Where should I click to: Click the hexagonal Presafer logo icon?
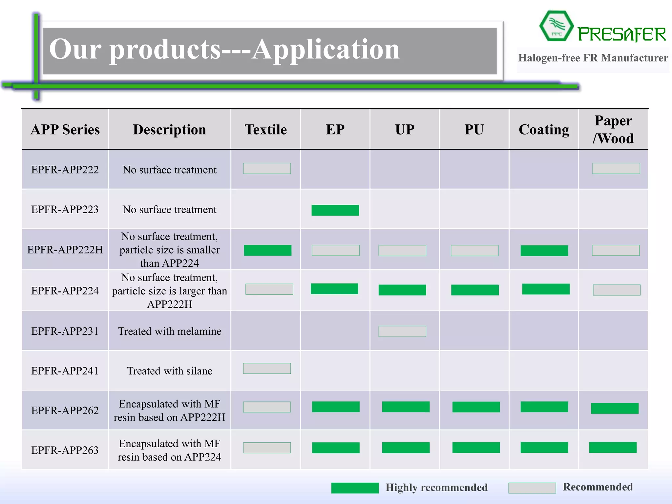click(x=556, y=26)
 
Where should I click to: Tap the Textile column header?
click(x=265, y=130)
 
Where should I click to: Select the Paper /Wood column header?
click(x=613, y=130)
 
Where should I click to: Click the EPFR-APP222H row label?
click(x=65, y=250)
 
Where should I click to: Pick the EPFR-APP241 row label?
click(x=65, y=371)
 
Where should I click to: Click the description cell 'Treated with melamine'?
click(x=170, y=331)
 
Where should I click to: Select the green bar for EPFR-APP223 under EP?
click(x=335, y=210)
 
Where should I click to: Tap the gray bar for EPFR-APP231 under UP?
click(x=402, y=331)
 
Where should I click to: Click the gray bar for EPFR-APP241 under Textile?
click(x=267, y=368)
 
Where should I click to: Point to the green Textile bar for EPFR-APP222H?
click(x=267, y=250)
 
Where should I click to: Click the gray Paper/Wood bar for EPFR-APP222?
click(x=616, y=169)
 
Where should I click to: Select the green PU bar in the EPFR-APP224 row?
click(x=475, y=290)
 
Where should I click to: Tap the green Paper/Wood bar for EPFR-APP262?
click(x=615, y=409)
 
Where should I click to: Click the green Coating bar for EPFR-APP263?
click(x=544, y=448)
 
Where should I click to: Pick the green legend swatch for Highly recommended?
click(x=355, y=488)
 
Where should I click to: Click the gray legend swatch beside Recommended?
click(x=532, y=488)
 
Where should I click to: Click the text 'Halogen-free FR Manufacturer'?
click(x=593, y=58)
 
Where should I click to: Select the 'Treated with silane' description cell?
click(x=170, y=371)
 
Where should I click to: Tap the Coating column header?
click(x=544, y=130)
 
